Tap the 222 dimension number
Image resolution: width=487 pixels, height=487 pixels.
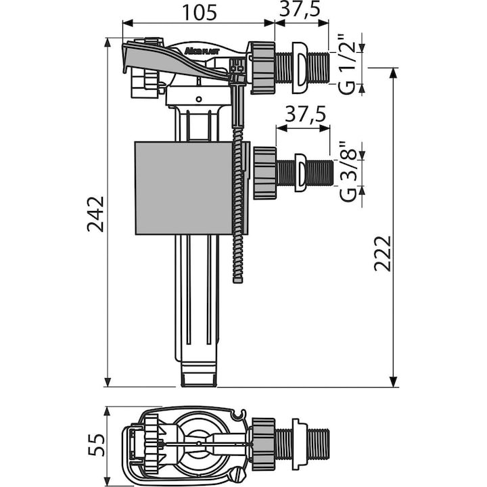pos(383,252)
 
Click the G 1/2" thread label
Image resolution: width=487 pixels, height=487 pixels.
pos(348,65)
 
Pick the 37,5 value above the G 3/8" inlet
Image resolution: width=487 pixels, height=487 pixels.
pos(304,114)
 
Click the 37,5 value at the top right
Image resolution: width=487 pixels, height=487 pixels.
pos(301,9)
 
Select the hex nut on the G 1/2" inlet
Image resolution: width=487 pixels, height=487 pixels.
pos(263,68)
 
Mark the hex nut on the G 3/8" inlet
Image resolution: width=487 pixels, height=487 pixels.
pos(265,172)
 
